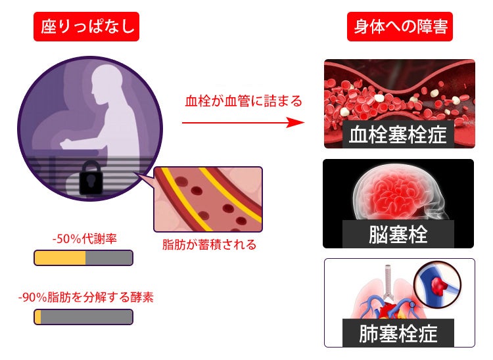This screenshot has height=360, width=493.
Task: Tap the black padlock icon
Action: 93,179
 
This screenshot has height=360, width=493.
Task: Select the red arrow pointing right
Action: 243,123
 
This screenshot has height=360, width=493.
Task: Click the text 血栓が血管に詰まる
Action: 243,101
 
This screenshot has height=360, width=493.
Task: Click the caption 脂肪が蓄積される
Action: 209,245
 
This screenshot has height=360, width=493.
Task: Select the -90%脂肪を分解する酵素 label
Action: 86,297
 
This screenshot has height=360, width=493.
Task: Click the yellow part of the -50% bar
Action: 60,258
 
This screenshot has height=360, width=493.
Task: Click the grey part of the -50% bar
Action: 109,258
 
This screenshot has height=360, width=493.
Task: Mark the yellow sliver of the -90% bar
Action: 38,317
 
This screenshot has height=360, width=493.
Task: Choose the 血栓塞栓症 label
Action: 398,135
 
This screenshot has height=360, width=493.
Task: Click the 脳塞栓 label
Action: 398,234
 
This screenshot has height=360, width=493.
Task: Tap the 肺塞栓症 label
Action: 398,333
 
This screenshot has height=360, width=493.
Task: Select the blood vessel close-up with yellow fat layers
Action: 208,199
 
